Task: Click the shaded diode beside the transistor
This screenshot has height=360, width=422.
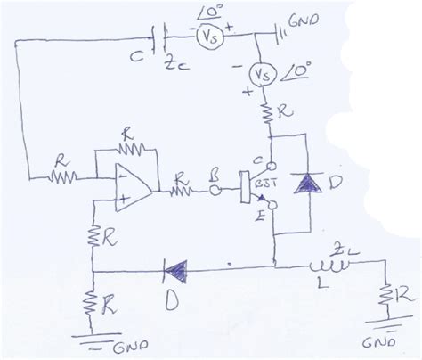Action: point(309,184)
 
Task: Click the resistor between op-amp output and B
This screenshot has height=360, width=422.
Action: point(184,189)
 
